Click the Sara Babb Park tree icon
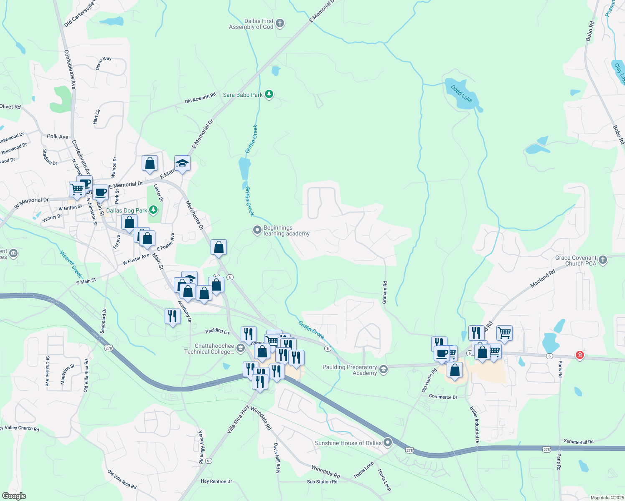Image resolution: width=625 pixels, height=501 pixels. [x=269, y=94]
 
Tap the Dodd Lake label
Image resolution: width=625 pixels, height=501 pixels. [x=462, y=94]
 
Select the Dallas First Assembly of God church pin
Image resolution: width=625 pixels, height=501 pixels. [x=280, y=23]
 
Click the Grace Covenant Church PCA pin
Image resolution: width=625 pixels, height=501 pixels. [x=602, y=260]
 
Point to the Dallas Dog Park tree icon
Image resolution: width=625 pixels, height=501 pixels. [x=153, y=210]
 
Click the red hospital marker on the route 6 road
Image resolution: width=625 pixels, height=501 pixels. [x=579, y=355]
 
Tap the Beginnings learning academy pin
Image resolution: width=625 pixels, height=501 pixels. [x=257, y=230]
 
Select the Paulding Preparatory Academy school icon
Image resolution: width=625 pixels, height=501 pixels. [x=384, y=369]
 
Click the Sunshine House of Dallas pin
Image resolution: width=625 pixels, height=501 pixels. [x=388, y=442]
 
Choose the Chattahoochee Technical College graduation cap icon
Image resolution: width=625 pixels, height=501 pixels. [x=240, y=348]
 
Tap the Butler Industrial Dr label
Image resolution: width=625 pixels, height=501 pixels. [x=475, y=424]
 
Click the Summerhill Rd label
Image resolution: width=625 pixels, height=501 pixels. [x=578, y=441]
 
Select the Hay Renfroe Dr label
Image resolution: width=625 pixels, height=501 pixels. [x=216, y=481]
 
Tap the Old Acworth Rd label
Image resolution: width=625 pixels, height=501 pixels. [x=200, y=98]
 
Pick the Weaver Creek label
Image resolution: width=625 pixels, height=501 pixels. [x=71, y=264]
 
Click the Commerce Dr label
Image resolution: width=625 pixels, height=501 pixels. [x=443, y=397]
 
